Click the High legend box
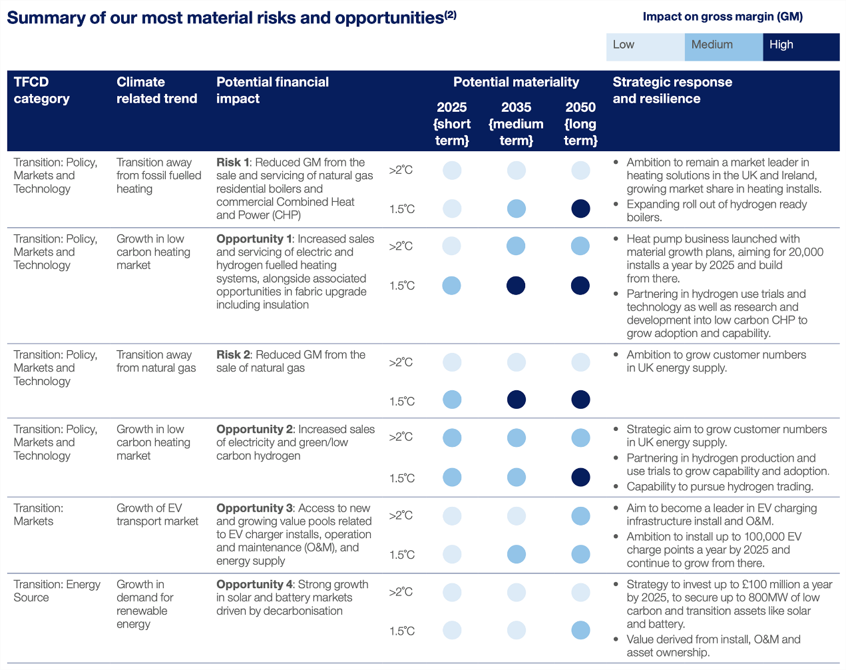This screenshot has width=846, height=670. [x=801, y=47]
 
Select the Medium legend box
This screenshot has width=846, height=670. [x=723, y=47]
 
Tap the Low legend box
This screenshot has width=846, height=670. [x=645, y=47]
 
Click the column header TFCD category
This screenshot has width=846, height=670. [x=41, y=91]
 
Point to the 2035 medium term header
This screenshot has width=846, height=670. [x=516, y=124]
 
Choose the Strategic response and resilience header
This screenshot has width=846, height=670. [x=672, y=91]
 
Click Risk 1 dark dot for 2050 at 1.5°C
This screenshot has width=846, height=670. [x=580, y=208]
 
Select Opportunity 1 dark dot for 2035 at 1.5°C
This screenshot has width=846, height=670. [x=516, y=286]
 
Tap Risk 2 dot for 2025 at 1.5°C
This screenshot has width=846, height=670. [x=452, y=400]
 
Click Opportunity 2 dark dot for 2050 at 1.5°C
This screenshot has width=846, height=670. [x=580, y=478]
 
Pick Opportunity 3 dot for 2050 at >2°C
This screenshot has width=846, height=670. [x=580, y=515]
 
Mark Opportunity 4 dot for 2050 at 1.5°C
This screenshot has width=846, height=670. [x=580, y=630]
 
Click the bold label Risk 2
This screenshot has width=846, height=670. [x=233, y=355]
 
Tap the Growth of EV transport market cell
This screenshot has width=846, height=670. [x=157, y=515]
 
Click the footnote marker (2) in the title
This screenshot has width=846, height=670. [x=451, y=14]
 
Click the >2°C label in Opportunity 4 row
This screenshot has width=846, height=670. [x=401, y=592]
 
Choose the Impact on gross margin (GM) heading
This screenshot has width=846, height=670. [x=722, y=17]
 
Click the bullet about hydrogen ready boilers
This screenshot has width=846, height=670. [x=716, y=210]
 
